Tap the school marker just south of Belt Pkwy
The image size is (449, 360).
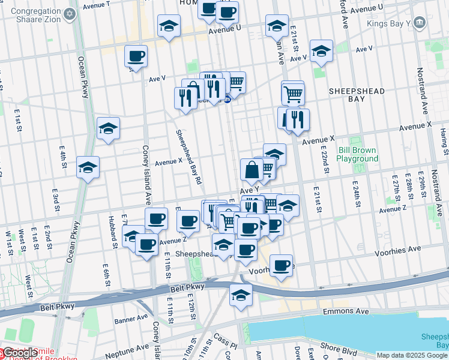pyautogui.click(x=241, y=295)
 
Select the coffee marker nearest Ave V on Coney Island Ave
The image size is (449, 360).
pyautogui.click(x=136, y=56)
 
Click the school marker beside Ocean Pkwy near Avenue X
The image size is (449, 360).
pyautogui.click(x=88, y=168)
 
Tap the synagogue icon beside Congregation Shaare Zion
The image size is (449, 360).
pyautogui.click(x=70, y=13)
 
